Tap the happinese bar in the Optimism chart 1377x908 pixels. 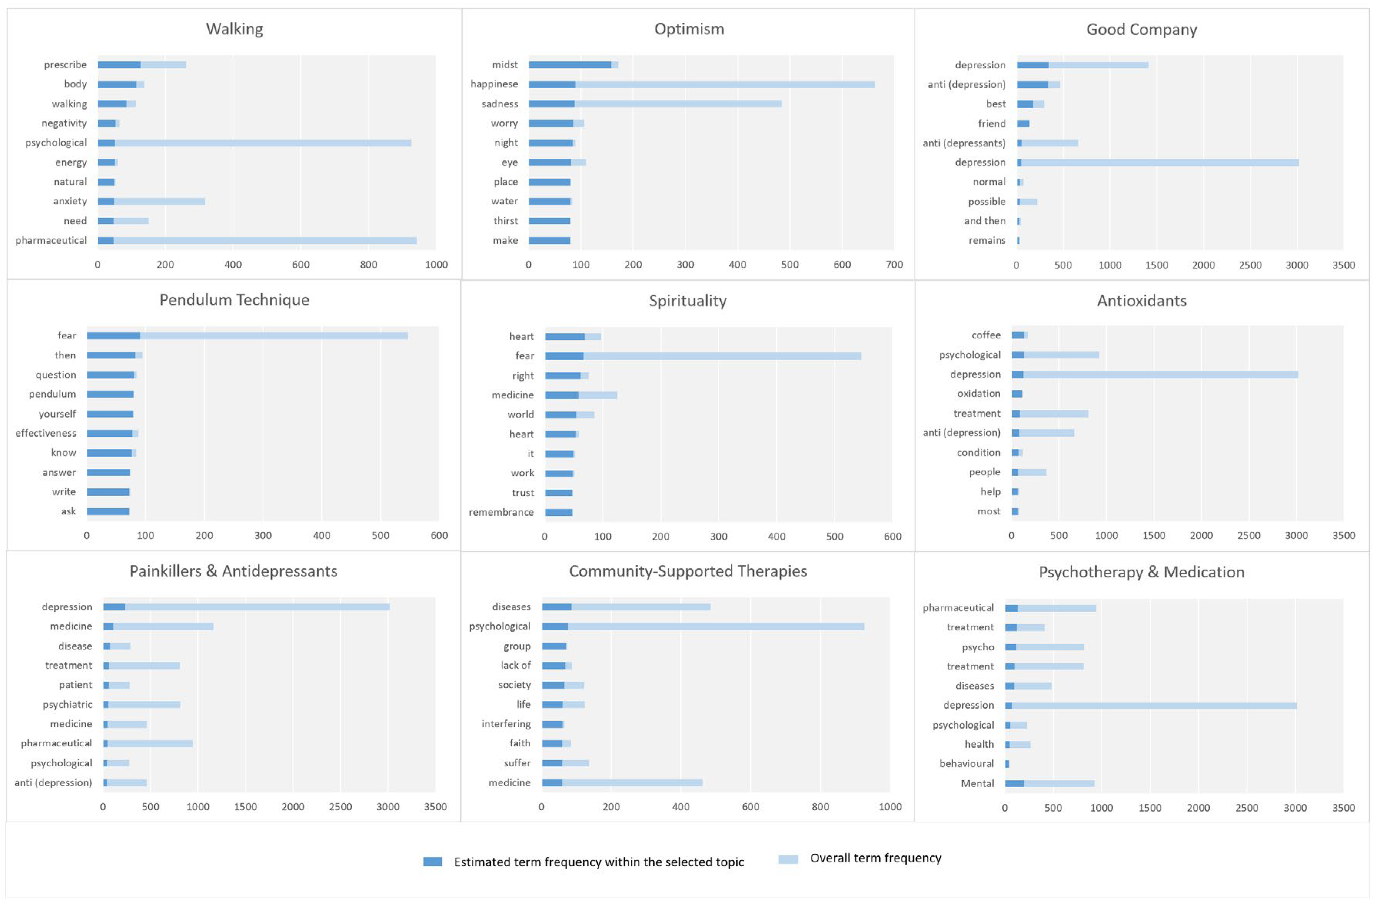coord(701,85)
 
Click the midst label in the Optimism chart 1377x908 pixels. coord(504,65)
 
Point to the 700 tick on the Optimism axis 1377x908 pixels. coord(894,265)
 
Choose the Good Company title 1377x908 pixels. coord(1141,30)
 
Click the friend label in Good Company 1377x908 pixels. coord(991,123)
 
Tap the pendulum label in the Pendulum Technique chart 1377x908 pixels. coord(52,394)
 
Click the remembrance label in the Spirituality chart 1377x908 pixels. coord(501,512)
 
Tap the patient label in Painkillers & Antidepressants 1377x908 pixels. coord(75,685)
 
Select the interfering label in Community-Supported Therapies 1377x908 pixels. coord(506,724)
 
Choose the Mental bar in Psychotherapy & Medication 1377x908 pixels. coord(1049,784)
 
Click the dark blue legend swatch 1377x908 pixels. coord(432,862)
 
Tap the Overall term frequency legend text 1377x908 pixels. coord(875,858)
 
